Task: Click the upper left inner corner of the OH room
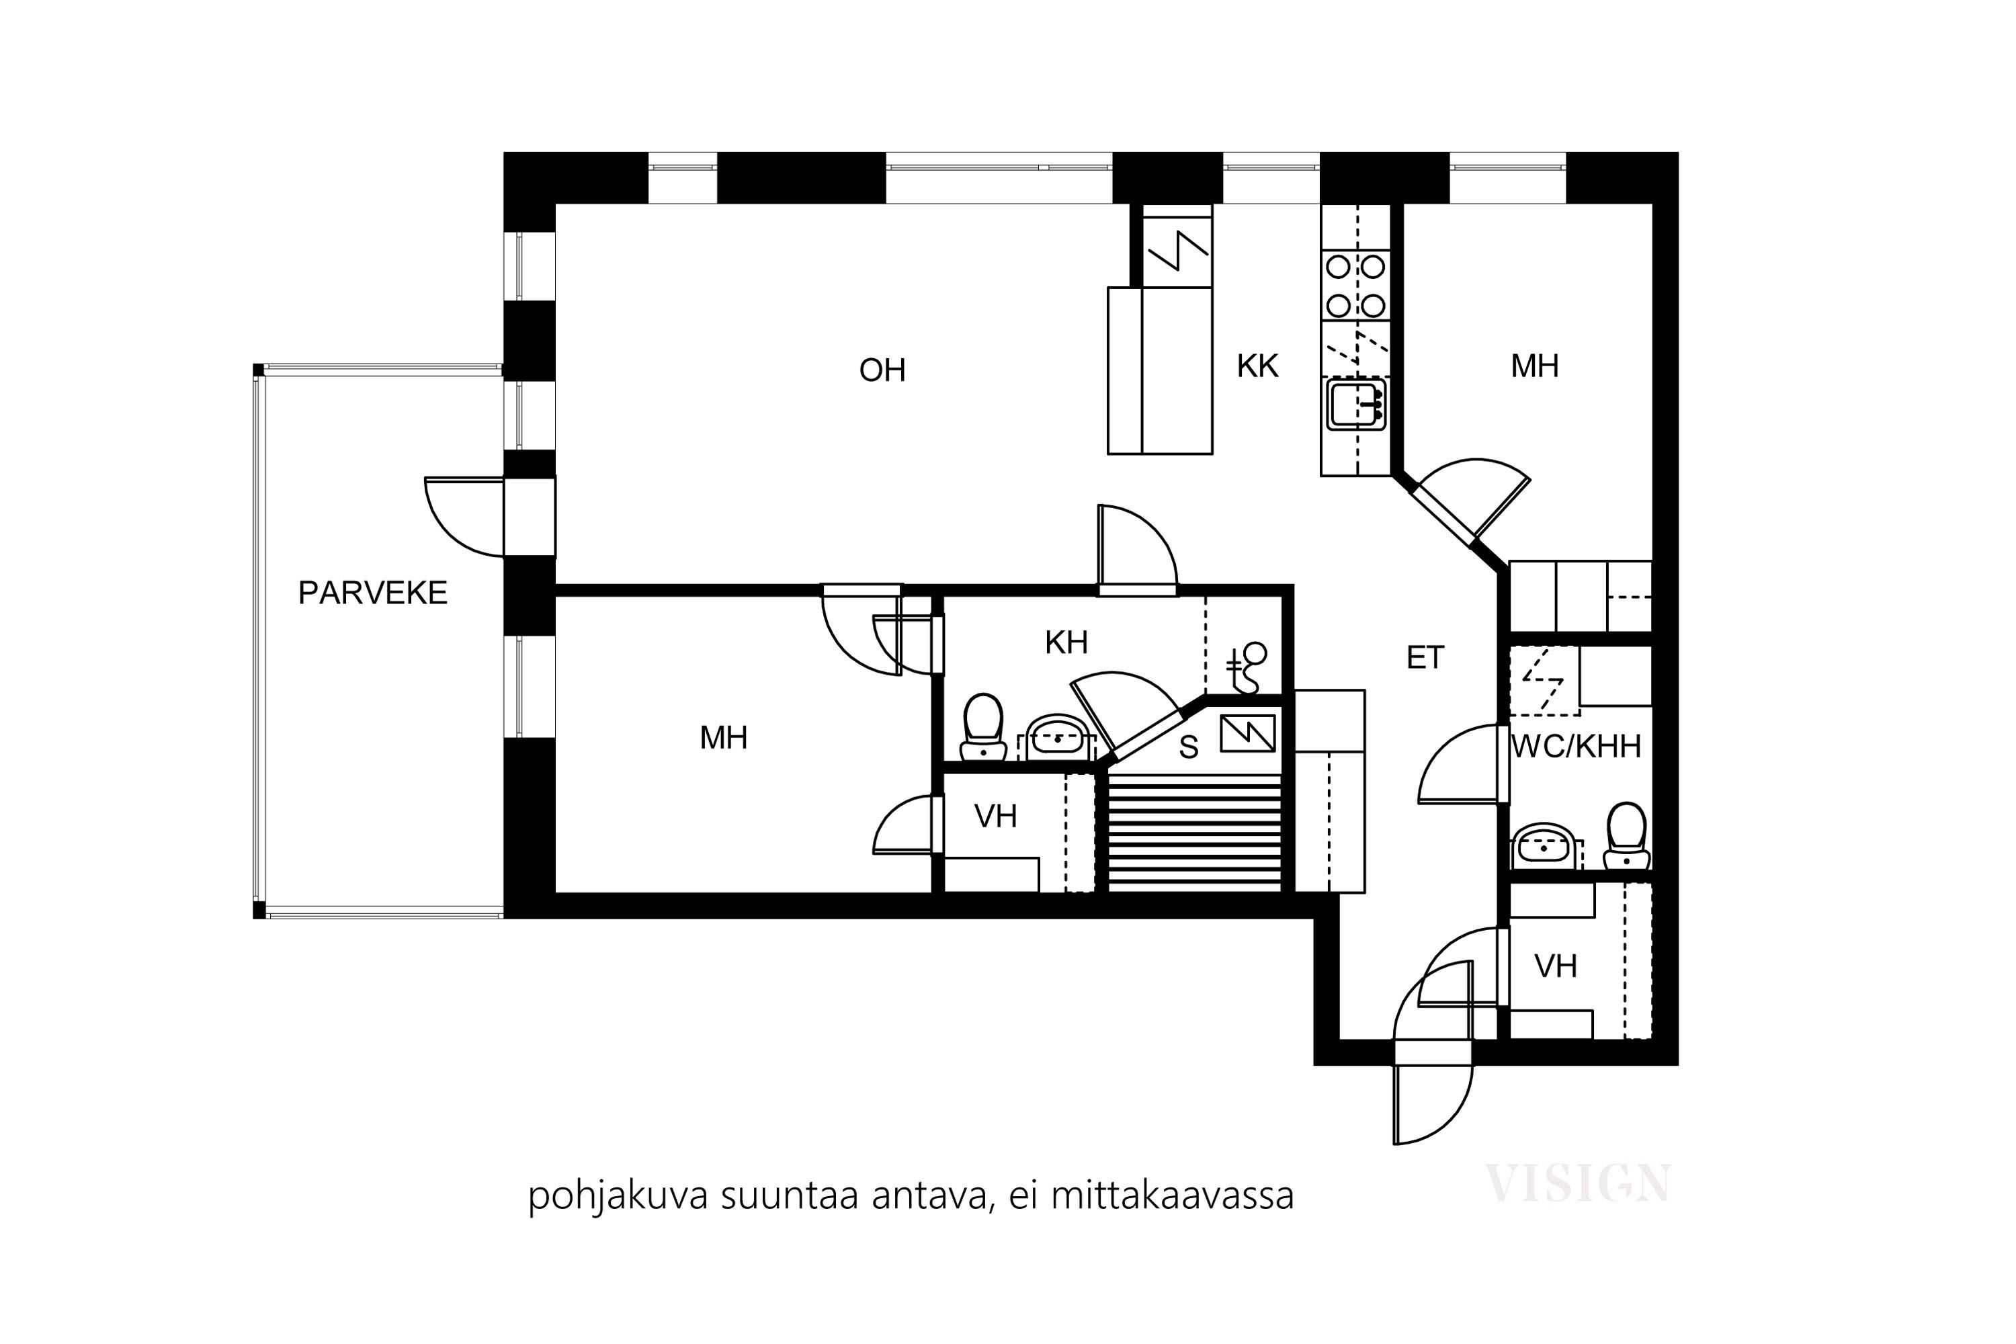[x=556, y=204]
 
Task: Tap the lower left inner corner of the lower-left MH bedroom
[x=556, y=892]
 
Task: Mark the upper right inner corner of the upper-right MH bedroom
[x=1652, y=204]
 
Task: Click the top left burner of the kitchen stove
[x=1338, y=267]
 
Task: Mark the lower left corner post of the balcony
[x=259, y=911]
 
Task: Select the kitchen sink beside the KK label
[x=1357, y=405]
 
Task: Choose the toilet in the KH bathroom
[x=983, y=727]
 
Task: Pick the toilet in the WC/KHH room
[x=1626, y=836]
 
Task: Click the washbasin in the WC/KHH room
[x=1544, y=847]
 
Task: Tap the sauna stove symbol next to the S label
[x=1248, y=733]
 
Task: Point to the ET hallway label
[x=1425, y=657]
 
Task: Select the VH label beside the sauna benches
[x=995, y=816]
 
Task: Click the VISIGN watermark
[x=1577, y=1183]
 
